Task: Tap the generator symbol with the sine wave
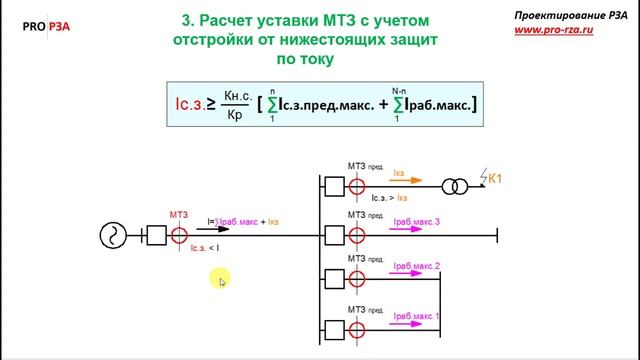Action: click(112, 237)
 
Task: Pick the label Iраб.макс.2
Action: click(416, 266)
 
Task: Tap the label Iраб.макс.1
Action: click(416, 318)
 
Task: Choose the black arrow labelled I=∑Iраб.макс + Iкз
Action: click(222, 230)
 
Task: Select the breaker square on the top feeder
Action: click(333, 185)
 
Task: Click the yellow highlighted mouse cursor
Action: click(221, 281)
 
